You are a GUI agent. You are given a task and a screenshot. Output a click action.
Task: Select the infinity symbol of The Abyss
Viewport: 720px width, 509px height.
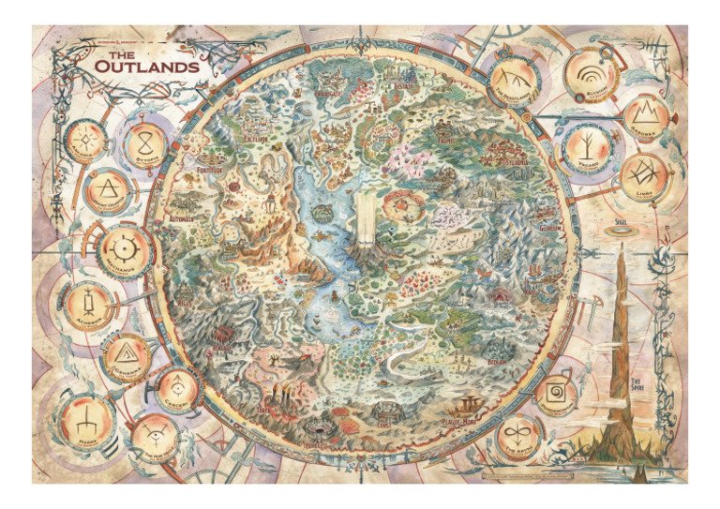[x=513, y=434]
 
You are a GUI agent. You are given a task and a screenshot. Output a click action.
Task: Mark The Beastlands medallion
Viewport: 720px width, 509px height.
[x=517, y=81]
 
